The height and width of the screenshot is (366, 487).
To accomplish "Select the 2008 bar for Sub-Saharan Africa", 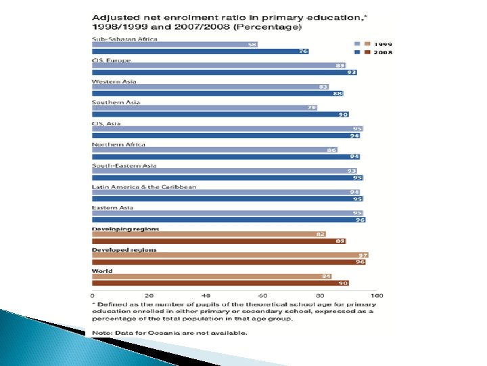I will coord(200,52).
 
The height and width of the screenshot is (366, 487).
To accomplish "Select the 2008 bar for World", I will coord(221,283).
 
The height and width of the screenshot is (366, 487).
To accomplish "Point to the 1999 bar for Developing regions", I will coord(209,234).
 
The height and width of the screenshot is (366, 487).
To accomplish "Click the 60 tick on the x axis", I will coord(263,296).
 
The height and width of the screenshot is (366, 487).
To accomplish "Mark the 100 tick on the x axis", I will coord(377,296).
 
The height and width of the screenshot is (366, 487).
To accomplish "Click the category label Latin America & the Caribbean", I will coord(144,186).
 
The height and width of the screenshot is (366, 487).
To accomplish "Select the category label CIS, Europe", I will coord(111,60).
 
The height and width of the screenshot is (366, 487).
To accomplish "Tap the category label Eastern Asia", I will coord(112,207).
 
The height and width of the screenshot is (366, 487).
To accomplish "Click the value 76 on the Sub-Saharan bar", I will coord(303,52).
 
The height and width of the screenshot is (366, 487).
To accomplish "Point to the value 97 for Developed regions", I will coord(363,255).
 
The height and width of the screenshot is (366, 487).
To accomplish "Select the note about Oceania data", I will coord(168,333).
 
